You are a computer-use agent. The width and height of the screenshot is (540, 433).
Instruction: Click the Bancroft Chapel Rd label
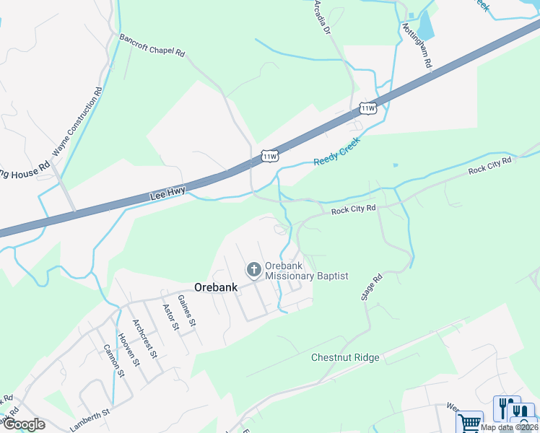(x=152, y=44)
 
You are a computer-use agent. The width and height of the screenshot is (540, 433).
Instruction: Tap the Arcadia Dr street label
(x=322, y=18)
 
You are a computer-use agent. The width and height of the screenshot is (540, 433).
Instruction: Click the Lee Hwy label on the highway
(x=167, y=193)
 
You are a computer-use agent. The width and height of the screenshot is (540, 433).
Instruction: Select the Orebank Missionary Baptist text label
(x=307, y=270)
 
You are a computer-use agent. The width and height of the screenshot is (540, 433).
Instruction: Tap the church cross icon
(x=253, y=270)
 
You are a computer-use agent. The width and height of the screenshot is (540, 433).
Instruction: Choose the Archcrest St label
(x=144, y=338)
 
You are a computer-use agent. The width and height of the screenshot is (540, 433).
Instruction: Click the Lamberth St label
(x=89, y=419)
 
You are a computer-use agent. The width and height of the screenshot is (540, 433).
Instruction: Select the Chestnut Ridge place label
(x=345, y=357)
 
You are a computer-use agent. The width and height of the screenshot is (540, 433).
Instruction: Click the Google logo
(x=23, y=424)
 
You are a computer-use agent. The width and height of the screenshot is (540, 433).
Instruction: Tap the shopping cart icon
(x=469, y=421)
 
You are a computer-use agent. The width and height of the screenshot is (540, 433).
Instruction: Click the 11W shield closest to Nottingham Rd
(x=368, y=108)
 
